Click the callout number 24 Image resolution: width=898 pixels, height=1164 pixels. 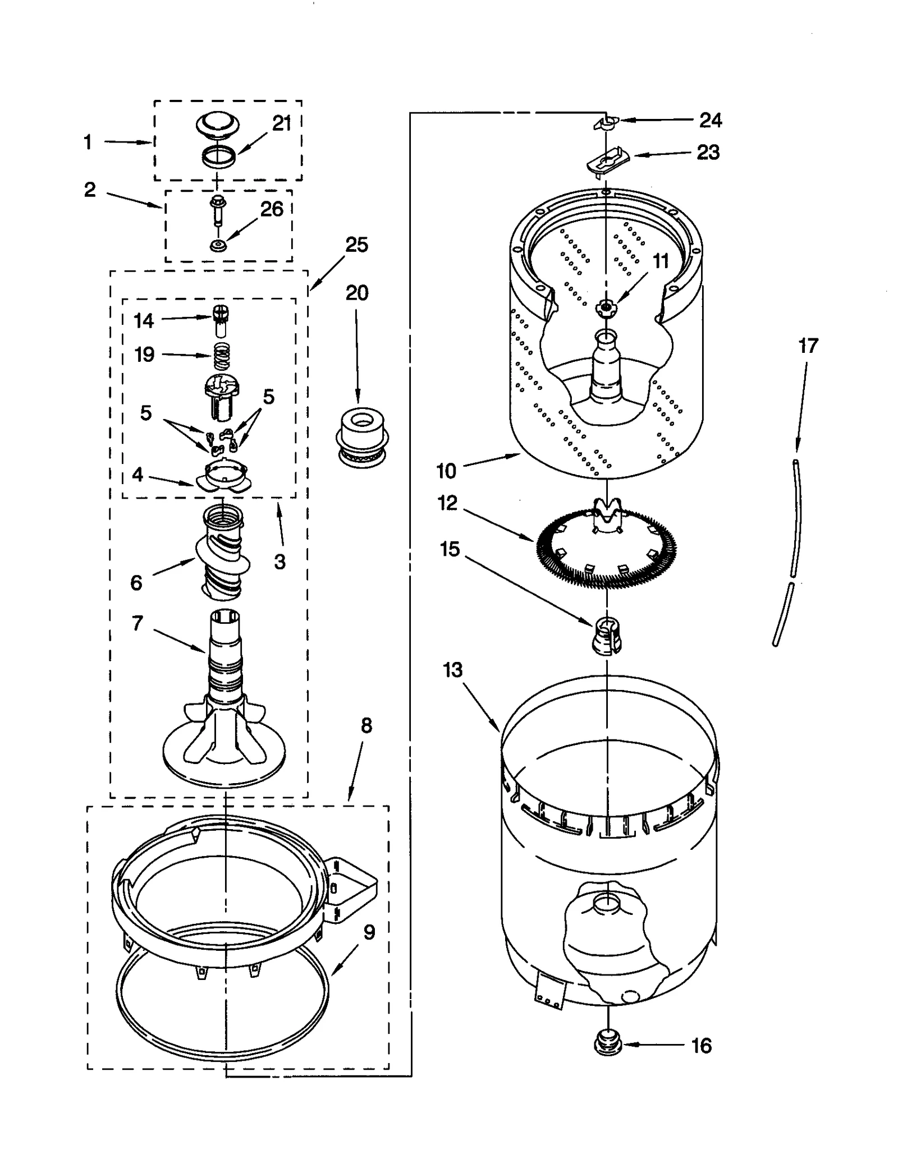click(710, 120)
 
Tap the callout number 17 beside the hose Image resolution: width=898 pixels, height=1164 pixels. click(808, 346)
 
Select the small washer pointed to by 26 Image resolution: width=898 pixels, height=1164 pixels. click(217, 245)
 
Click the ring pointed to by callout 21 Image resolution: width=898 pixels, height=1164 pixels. click(218, 156)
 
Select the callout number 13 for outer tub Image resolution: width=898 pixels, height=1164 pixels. click(452, 670)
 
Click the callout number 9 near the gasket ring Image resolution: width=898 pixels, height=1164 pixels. click(369, 932)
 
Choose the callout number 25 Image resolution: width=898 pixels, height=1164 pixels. click(356, 245)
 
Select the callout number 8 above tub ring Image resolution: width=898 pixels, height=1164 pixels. click(366, 726)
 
